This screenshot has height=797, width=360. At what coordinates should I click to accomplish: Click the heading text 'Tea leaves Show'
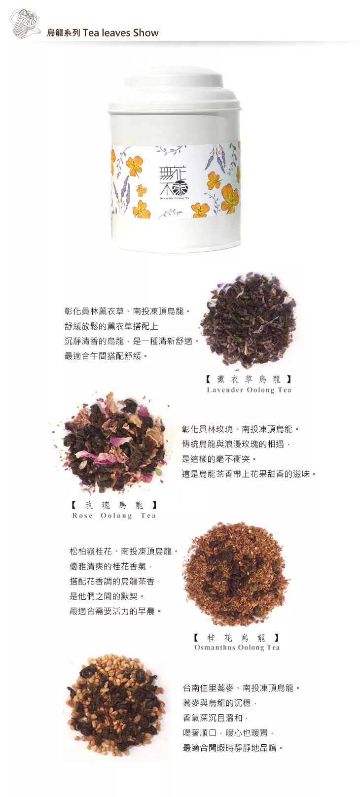point(120,33)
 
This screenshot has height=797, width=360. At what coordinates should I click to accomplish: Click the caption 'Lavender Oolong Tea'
point(249,390)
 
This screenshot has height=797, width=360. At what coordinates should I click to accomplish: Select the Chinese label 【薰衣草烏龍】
point(249,379)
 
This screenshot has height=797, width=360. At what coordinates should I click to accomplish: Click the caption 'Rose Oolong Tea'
point(114,516)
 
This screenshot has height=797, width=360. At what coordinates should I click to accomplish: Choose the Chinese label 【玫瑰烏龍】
point(114,505)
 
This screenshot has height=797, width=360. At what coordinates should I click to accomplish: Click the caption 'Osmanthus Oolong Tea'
point(237,647)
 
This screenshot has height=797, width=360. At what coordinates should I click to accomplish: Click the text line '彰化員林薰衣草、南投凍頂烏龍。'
point(127,312)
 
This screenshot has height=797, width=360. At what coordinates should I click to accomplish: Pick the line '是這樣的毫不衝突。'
point(219,459)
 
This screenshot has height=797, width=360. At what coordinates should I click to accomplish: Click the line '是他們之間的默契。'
point(107,596)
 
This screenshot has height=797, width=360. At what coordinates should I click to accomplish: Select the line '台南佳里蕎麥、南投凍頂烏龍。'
point(242,688)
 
